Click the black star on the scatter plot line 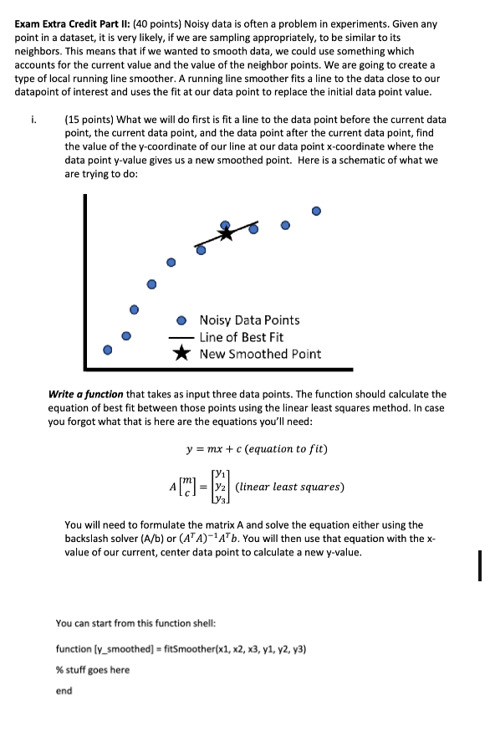tap(227, 233)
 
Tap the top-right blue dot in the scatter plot tap(316, 211)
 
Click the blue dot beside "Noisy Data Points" tap(181, 320)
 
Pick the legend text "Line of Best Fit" tap(241, 337)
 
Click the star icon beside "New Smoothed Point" tap(181, 354)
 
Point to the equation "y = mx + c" tap(219, 449)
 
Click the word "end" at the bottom tap(64, 691)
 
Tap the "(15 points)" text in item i tap(91, 120)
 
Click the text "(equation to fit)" tap(283, 449)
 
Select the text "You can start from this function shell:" tap(138, 623)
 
